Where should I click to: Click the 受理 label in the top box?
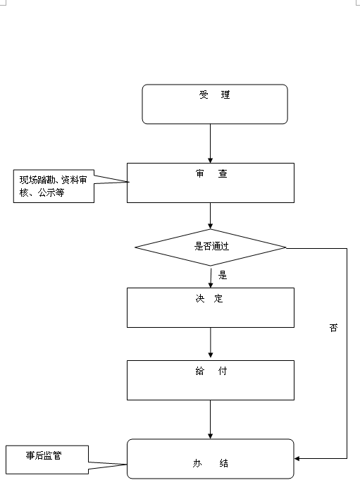click(214, 95)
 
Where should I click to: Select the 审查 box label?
click(211, 173)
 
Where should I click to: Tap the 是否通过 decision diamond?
click(211, 247)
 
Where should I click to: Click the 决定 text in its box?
click(209, 299)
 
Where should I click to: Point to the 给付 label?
click(211, 371)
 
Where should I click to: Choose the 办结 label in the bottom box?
click(211, 463)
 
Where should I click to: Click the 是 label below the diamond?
click(223, 275)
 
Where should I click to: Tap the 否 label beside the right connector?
click(334, 328)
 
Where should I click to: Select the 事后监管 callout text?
click(44, 455)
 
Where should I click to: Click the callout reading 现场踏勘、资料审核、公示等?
click(54, 186)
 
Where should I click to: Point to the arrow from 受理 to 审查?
click(211, 143)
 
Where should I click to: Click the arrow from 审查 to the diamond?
click(211, 216)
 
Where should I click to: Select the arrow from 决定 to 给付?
click(211, 343)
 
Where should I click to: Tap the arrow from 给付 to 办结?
click(211, 419)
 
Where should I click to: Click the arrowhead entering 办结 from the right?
click(297, 458)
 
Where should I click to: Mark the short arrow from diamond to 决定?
click(211, 278)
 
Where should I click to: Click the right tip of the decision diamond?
click(286, 248)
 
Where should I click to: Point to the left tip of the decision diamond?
click(135, 247)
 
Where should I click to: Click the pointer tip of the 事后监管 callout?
click(127, 465)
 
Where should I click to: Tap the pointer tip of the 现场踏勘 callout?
click(129, 182)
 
